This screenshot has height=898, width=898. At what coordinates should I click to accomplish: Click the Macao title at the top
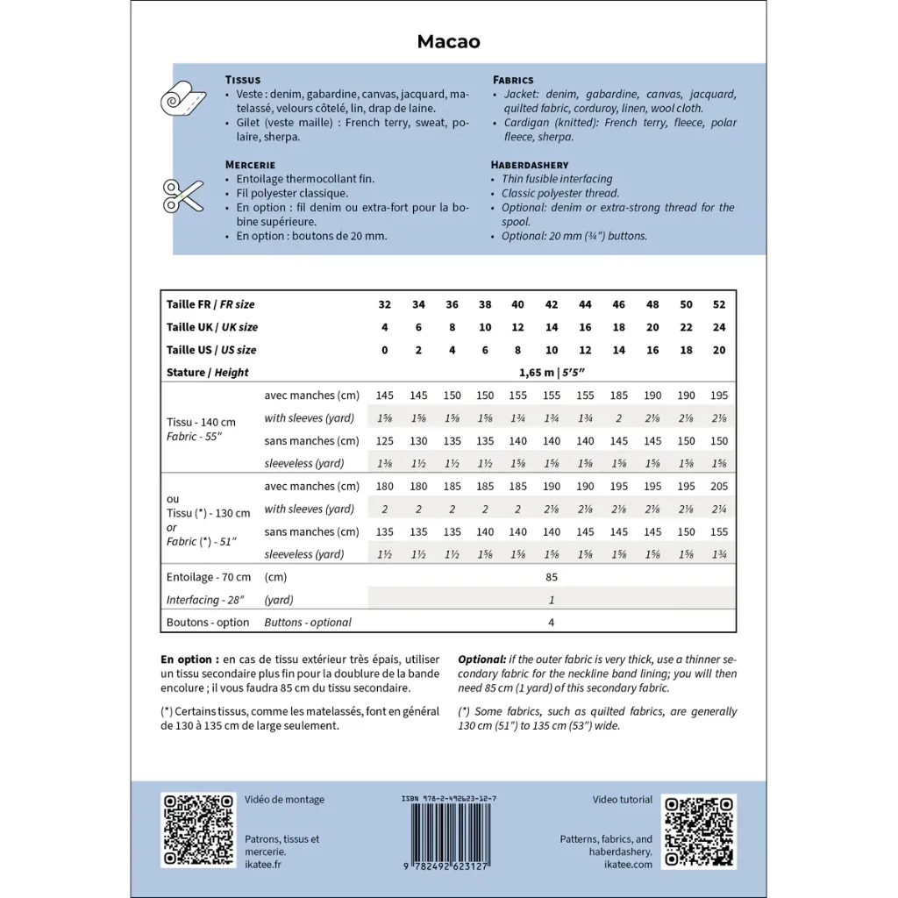[x=448, y=42]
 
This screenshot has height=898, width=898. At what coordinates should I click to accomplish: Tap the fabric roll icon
[x=182, y=100]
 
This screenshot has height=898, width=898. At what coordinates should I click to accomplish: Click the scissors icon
[x=182, y=195]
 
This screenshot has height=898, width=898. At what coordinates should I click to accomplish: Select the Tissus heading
[x=242, y=80]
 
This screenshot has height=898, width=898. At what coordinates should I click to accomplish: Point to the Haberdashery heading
[x=530, y=165]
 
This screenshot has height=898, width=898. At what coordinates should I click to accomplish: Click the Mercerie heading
[x=250, y=165]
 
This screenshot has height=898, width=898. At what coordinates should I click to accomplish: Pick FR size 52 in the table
[x=719, y=304]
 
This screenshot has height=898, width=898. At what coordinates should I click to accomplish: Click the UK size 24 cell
[x=719, y=327]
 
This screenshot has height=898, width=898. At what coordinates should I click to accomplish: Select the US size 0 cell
[x=384, y=350]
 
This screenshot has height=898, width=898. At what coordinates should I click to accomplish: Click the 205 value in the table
[x=719, y=486]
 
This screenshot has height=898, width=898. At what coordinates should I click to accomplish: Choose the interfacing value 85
[x=552, y=577]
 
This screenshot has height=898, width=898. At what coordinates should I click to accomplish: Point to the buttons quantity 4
[x=552, y=623]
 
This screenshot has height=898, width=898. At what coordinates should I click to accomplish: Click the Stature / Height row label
[x=208, y=372]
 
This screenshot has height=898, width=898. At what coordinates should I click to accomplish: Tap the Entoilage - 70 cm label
[x=209, y=577]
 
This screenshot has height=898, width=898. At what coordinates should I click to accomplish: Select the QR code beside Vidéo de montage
[x=198, y=830]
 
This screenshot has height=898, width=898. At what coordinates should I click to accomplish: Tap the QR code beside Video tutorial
[x=699, y=830]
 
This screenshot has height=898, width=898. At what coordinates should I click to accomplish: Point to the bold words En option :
[x=189, y=659]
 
